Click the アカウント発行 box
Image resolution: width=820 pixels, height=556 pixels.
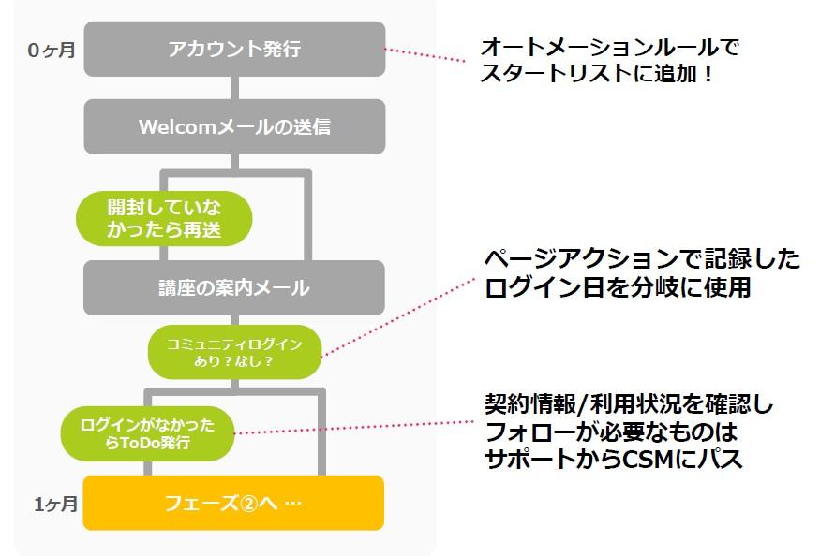coord(234,49)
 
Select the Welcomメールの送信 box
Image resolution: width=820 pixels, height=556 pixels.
coord(234,126)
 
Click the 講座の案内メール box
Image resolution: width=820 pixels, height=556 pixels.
coord(234,287)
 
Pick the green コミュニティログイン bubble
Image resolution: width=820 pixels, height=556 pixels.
coord(234,352)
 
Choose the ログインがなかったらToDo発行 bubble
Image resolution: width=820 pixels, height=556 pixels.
coord(147,433)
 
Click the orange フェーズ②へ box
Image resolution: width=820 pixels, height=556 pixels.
coord(234,503)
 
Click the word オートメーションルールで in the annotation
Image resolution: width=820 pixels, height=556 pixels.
coord(616,47)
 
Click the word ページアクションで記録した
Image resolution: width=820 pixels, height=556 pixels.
coord(642,259)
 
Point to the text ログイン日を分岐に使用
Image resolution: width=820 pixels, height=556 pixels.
coord(618,287)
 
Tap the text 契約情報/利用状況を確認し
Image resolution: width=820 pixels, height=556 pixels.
coord(629,405)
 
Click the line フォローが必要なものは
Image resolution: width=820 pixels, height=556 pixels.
coord(610,432)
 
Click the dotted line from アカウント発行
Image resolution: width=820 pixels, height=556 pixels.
coord(426,55)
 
